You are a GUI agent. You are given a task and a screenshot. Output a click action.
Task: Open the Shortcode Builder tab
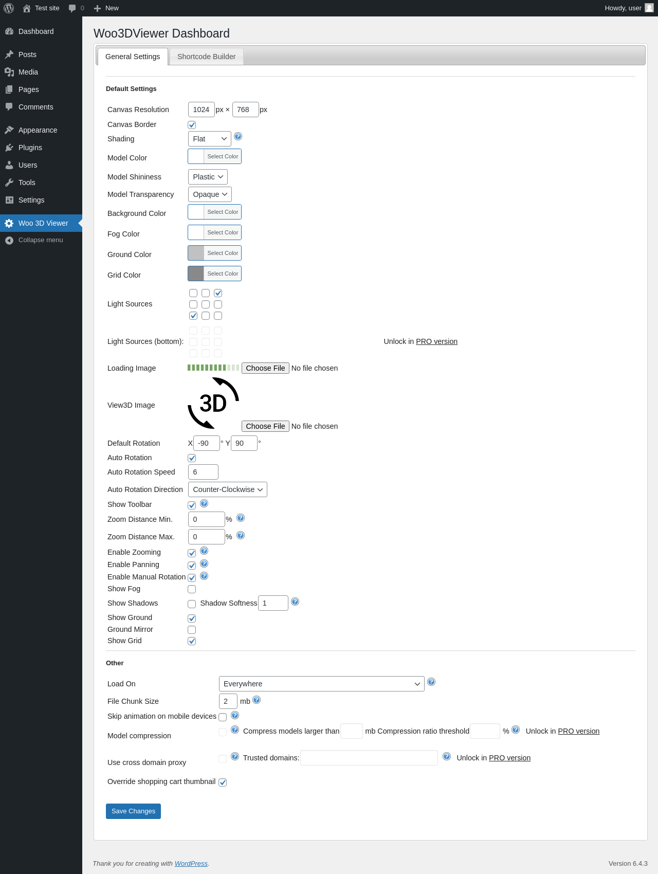point(206,57)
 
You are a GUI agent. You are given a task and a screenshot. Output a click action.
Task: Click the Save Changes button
point(133,811)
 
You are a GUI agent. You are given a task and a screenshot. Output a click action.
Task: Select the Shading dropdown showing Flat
point(210,139)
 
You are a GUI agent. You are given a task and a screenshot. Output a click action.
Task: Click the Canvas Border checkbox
point(192,125)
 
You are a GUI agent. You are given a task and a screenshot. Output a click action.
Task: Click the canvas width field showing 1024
point(202,110)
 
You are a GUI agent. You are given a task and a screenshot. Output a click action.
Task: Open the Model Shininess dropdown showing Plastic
point(208,177)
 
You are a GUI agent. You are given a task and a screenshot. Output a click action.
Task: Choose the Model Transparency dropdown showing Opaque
point(210,194)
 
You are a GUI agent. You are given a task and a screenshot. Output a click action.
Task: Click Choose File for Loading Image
point(265,368)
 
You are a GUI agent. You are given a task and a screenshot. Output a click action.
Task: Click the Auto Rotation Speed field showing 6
point(203,472)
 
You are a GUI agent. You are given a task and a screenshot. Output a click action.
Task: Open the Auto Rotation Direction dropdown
point(228,489)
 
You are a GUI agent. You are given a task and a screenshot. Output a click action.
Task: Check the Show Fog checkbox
point(192,589)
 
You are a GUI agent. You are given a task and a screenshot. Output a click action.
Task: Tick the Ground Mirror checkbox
point(192,630)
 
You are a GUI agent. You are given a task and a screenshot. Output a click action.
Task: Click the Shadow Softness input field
point(273,603)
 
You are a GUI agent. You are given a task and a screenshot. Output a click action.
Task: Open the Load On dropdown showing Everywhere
point(322,684)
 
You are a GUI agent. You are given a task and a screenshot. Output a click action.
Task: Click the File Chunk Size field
point(228,701)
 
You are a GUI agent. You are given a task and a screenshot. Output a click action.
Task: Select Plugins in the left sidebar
point(30,148)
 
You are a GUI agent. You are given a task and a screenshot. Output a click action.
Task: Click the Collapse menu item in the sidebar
point(41,240)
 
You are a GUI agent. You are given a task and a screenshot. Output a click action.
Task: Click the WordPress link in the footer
point(191,863)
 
